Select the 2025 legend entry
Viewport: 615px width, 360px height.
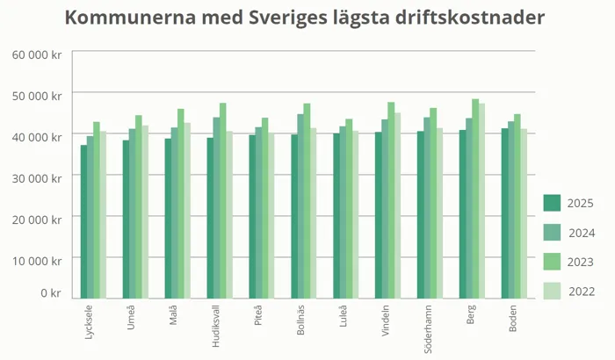click(x=552, y=203)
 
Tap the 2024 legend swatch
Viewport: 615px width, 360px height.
click(x=552, y=233)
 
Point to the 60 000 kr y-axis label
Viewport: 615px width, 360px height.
click(x=36, y=54)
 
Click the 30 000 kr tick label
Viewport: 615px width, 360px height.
click(x=36, y=177)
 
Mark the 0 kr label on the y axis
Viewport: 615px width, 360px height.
click(x=49, y=292)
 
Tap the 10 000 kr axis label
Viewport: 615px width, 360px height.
click(x=36, y=260)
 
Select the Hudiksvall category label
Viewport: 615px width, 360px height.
click(x=216, y=326)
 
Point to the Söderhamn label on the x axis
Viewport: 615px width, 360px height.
click(x=428, y=326)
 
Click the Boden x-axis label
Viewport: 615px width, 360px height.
click(x=512, y=318)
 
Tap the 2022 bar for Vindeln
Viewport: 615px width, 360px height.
click(x=398, y=205)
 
